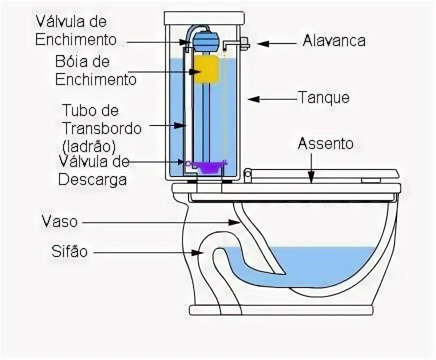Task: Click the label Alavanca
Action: [333, 41]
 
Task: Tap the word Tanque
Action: [323, 97]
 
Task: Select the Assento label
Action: [326, 144]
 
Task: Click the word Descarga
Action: [92, 179]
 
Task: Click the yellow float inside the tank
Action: [206, 69]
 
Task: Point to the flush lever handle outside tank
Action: [244, 43]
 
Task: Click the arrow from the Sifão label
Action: [150, 253]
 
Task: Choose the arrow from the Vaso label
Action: [165, 221]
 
